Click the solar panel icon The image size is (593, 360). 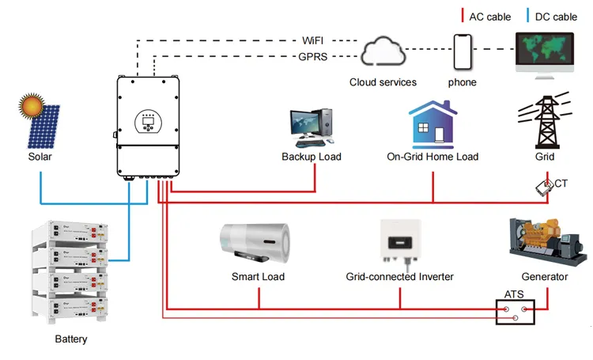(x=53, y=128)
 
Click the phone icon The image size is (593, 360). (x=463, y=52)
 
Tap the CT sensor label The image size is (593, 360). (x=561, y=184)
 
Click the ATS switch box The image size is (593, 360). (x=514, y=313)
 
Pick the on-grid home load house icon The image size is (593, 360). (x=432, y=124)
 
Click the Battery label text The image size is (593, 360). (x=71, y=339)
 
